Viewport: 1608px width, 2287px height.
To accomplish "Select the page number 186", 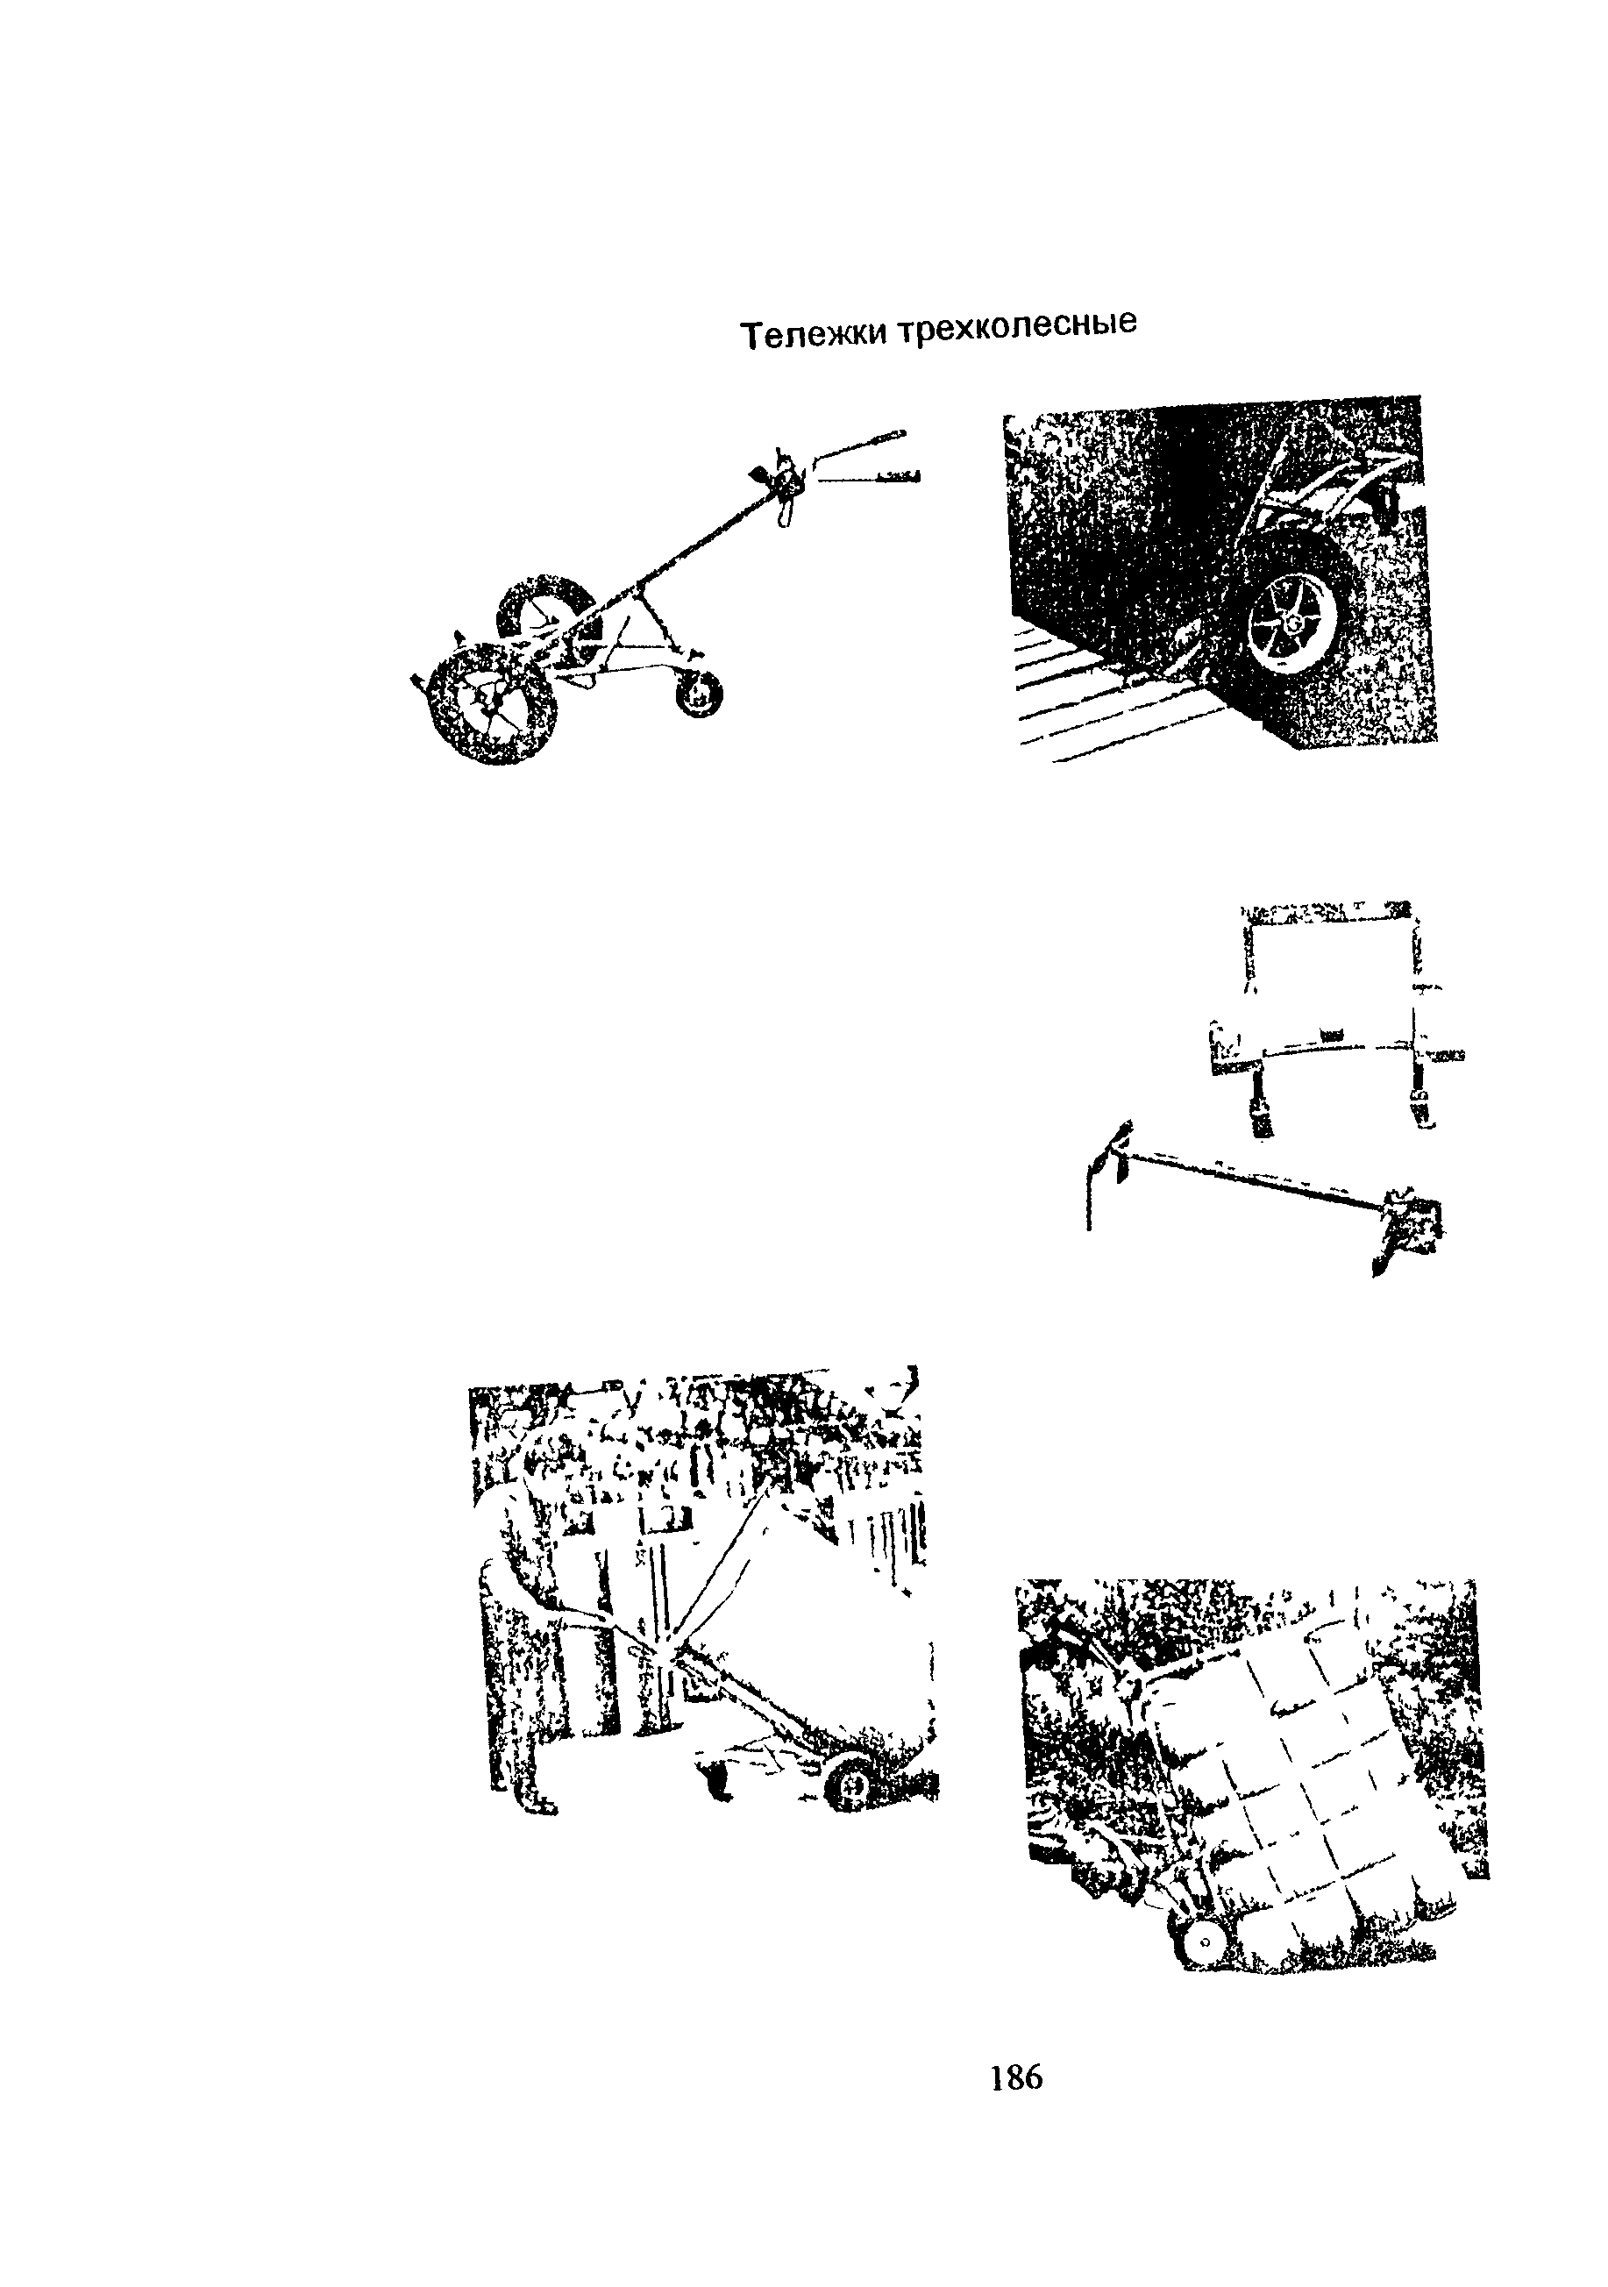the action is click(x=1016, y=2077).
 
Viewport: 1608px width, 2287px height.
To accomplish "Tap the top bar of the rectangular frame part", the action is click(x=1328, y=910).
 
